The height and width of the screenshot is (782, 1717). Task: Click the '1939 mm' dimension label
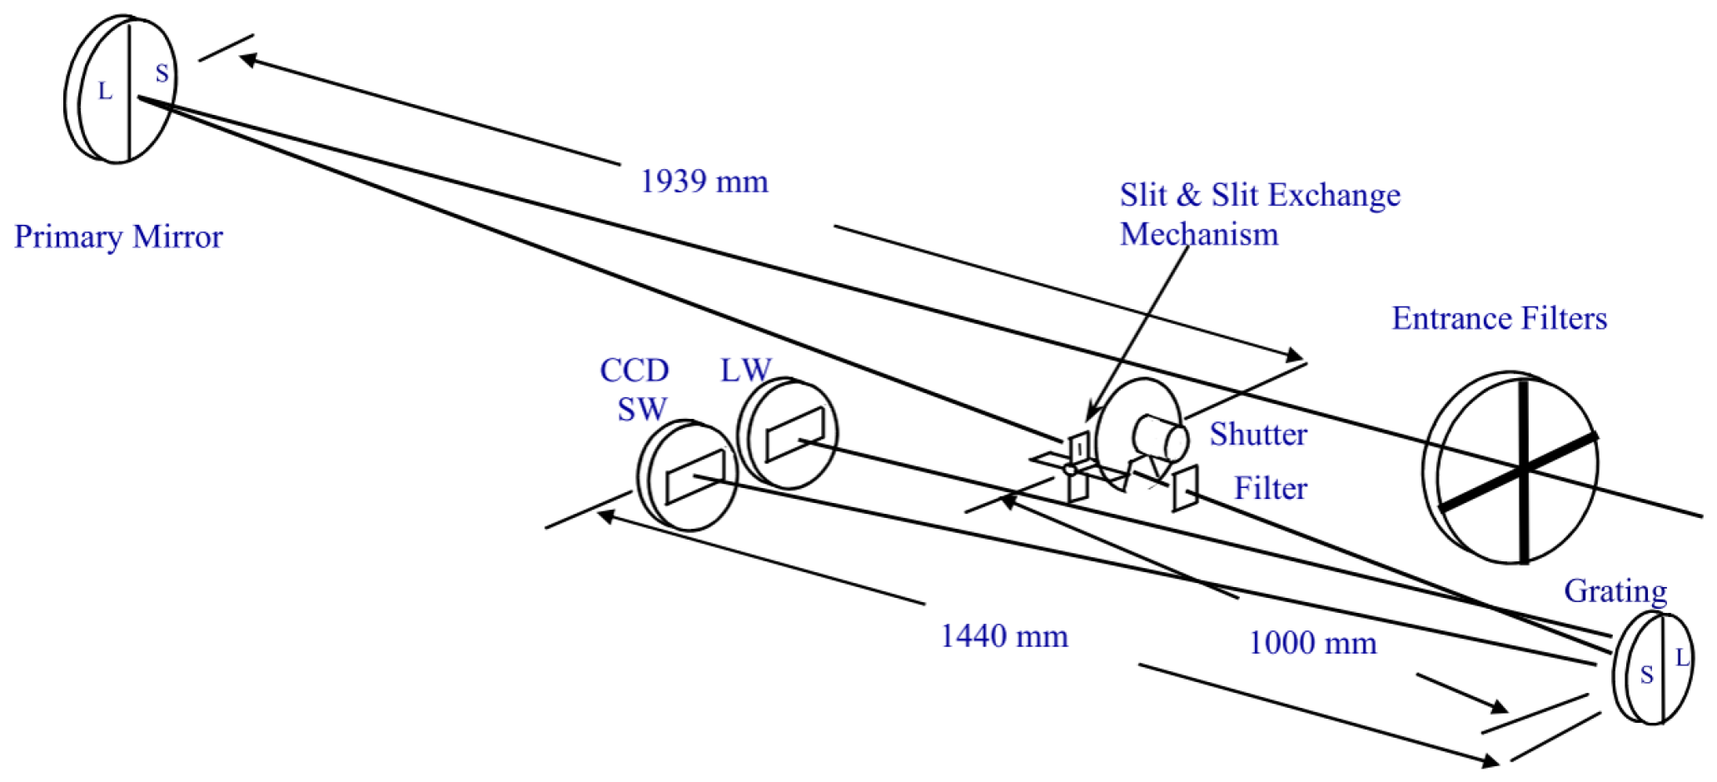(x=704, y=182)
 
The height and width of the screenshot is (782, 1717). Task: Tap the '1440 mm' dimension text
(x=1003, y=636)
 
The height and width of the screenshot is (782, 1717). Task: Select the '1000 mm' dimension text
(x=1312, y=643)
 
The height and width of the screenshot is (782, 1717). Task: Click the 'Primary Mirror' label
(x=118, y=237)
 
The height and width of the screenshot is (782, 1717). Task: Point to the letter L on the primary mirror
(x=105, y=91)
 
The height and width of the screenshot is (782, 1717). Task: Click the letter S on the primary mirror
(x=162, y=73)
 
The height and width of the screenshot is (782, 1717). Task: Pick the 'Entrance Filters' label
(x=1499, y=318)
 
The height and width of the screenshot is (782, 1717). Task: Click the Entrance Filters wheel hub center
(x=1523, y=469)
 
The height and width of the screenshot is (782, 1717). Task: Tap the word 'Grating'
(x=1615, y=591)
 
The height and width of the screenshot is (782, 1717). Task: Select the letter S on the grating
(x=1646, y=675)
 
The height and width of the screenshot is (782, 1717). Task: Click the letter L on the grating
(x=1682, y=658)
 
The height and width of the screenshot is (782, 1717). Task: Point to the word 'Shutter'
(x=1258, y=435)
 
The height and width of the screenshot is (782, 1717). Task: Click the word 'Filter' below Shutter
(x=1270, y=489)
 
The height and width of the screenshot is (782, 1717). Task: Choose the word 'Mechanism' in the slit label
(x=1198, y=235)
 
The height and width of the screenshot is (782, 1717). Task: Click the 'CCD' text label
(x=635, y=371)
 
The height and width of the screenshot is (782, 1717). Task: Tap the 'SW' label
(x=642, y=409)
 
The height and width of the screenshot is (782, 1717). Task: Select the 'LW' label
(x=745, y=371)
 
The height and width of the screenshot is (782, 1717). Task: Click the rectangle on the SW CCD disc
(x=694, y=477)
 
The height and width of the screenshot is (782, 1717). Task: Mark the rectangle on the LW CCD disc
(x=794, y=434)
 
